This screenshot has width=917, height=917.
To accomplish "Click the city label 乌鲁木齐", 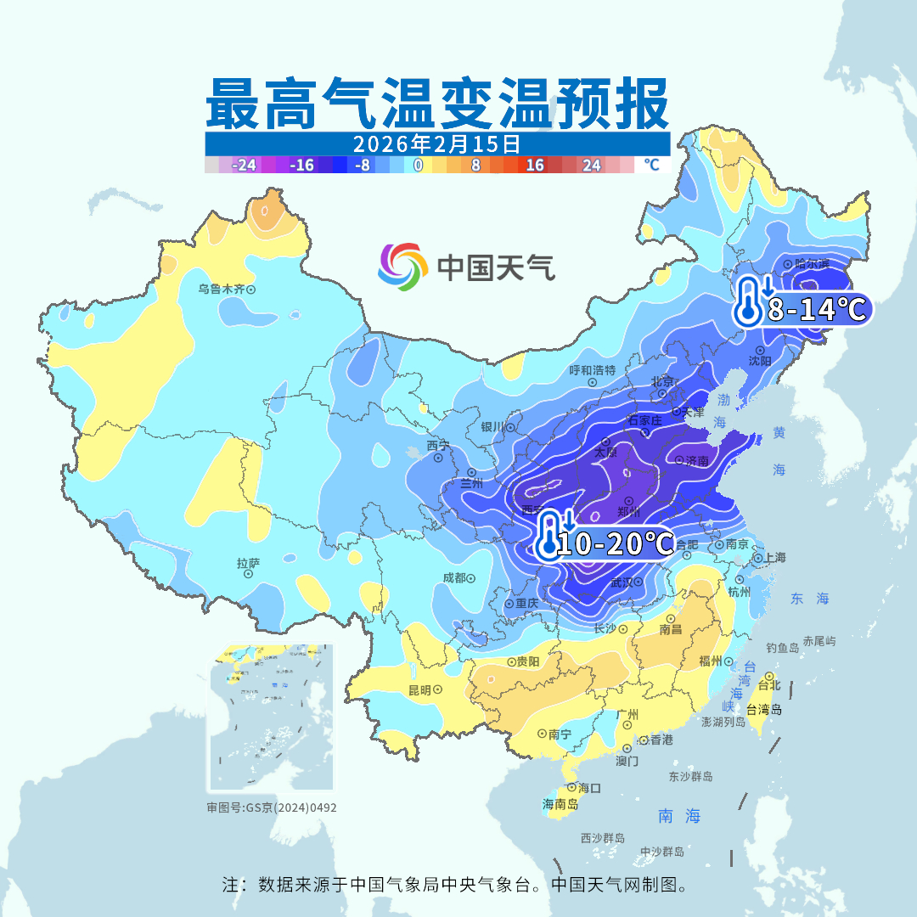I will pyautogui.click(x=222, y=289).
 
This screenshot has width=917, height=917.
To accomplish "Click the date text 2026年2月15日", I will pyautogui.click(x=437, y=143).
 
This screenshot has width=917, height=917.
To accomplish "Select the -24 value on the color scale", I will pyautogui.click(x=245, y=166).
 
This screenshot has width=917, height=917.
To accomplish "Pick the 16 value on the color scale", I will pyautogui.click(x=535, y=166).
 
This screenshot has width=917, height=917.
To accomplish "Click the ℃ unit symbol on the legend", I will pyautogui.click(x=651, y=165).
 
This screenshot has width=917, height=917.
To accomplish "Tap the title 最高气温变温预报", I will pyautogui.click(x=437, y=104).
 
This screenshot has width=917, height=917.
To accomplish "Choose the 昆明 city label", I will pyautogui.click(x=419, y=689).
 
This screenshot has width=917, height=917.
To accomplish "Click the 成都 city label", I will pyautogui.click(x=454, y=577).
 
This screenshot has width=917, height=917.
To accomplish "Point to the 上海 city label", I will pyautogui.click(x=774, y=558).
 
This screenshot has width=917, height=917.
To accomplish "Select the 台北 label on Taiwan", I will pyautogui.click(x=768, y=684).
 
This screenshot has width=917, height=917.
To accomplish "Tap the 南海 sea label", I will pyautogui.click(x=679, y=816).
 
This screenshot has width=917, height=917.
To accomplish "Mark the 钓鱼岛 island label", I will pyautogui.click(x=782, y=648).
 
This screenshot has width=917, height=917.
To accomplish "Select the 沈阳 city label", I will pyautogui.click(x=760, y=360).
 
